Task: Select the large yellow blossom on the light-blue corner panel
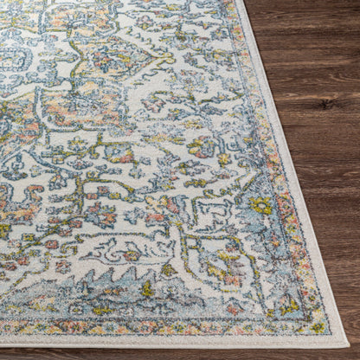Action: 260,206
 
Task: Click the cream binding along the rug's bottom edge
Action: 173,341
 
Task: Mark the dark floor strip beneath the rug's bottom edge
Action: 173,354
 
